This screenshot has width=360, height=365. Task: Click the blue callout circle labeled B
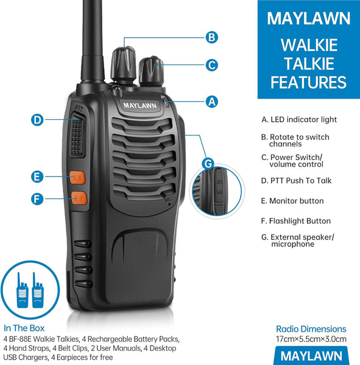pyautogui.click(x=211, y=37)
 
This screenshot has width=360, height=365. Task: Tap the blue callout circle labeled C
pyautogui.click(x=211, y=64)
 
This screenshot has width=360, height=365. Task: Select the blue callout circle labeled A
pyautogui.click(x=211, y=102)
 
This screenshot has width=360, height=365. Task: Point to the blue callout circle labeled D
pyautogui.click(x=38, y=120)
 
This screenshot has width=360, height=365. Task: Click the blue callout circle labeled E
pyautogui.click(x=38, y=177)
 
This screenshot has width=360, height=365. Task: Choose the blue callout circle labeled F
pyautogui.click(x=38, y=198)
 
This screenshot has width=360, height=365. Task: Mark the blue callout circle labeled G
pyautogui.click(x=208, y=163)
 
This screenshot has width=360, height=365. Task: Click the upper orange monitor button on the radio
pyautogui.click(x=77, y=178)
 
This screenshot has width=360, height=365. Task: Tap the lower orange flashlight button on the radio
pyautogui.click(x=78, y=198)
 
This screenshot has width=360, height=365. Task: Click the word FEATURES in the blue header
pyautogui.click(x=308, y=83)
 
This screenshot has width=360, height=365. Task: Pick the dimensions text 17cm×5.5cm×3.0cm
pyautogui.click(x=311, y=339)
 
